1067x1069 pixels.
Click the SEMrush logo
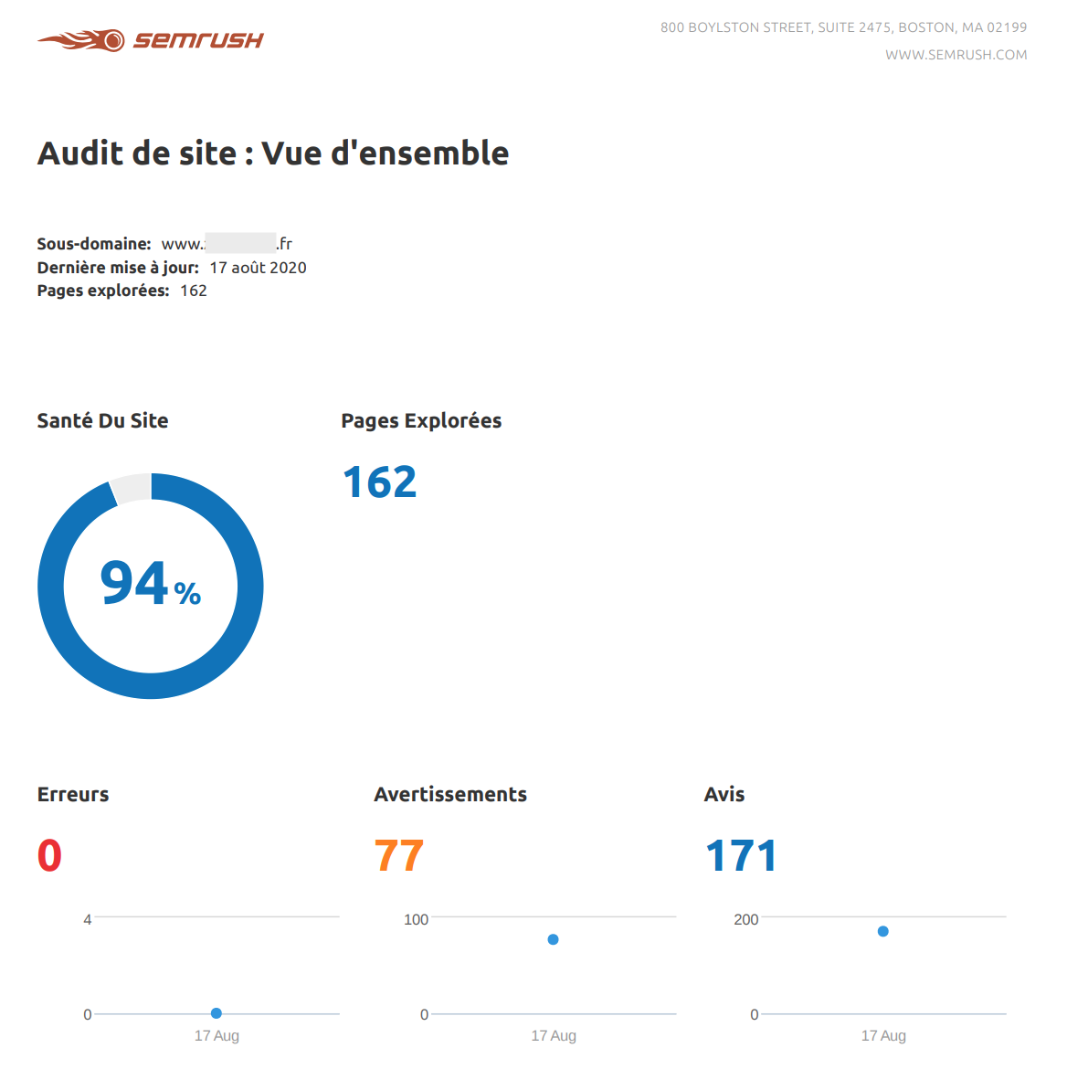[x=150, y=40]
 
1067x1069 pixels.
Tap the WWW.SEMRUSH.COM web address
[x=956, y=55]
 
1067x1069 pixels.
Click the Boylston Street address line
[x=843, y=27]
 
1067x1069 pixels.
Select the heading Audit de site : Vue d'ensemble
[x=273, y=153]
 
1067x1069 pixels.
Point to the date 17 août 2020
[x=258, y=268]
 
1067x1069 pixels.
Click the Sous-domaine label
[x=93, y=244]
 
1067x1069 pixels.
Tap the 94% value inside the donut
[x=150, y=584]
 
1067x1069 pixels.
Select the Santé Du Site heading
[x=102, y=421]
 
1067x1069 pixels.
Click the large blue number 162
[x=379, y=482]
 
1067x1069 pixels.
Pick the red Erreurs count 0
[x=49, y=856]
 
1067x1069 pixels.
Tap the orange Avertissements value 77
[x=399, y=856]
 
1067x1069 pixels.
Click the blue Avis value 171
[x=741, y=856]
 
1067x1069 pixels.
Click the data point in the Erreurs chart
[x=217, y=1013]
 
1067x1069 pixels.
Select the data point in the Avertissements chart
[x=553, y=939]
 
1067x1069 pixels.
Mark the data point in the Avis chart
[x=882, y=931]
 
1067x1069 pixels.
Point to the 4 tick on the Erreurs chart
[x=88, y=919]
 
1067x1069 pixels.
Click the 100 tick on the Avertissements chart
[x=416, y=919]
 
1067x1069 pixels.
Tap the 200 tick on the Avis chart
[x=745, y=919]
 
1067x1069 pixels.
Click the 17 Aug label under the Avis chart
[x=883, y=1035]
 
